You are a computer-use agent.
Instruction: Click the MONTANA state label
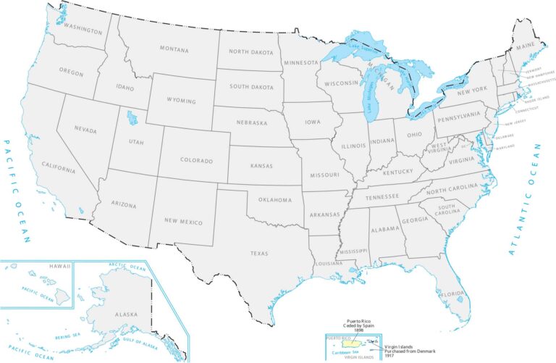(x=174, y=49)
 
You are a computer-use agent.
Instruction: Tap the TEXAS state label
(x=259, y=253)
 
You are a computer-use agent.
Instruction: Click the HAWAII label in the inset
(x=59, y=267)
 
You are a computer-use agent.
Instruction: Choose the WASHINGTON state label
(x=82, y=29)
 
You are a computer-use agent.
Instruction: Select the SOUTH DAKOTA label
(x=250, y=88)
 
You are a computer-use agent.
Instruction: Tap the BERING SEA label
(x=68, y=336)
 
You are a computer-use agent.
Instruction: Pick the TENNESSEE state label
(x=382, y=196)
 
